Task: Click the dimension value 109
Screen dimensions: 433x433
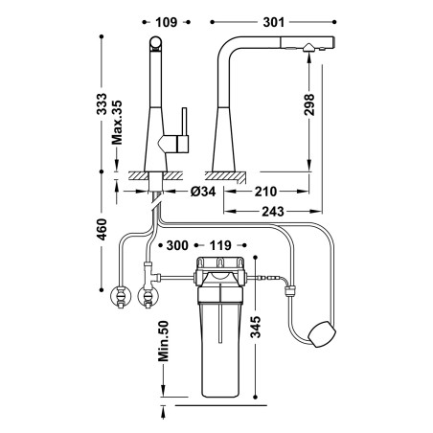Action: click(x=166, y=22)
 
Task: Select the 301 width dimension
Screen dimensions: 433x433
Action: click(x=273, y=22)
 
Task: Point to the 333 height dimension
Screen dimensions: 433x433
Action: click(x=102, y=103)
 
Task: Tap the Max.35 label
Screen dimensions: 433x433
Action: click(x=117, y=123)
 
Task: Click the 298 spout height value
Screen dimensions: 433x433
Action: click(x=308, y=104)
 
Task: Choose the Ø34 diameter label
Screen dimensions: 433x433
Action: click(x=203, y=192)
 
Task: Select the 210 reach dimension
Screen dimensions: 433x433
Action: click(x=265, y=192)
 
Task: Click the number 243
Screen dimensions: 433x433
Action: click(x=273, y=212)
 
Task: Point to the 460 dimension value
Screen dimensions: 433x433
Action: click(x=102, y=229)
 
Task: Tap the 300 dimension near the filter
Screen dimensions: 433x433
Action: click(x=177, y=245)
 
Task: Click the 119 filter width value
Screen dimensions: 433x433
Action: click(x=220, y=245)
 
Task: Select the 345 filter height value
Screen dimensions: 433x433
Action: click(x=256, y=327)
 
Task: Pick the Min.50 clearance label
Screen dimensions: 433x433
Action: click(x=164, y=341)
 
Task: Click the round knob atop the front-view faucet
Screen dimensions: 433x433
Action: click(x=155, y=42)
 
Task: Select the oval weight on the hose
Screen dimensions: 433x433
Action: click(x=322, y=334)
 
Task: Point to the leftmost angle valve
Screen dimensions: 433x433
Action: click(x=121, y=296)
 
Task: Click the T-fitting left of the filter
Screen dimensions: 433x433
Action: click(x=150, y=275)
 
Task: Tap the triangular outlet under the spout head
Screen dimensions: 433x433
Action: click(x=308, y=48)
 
